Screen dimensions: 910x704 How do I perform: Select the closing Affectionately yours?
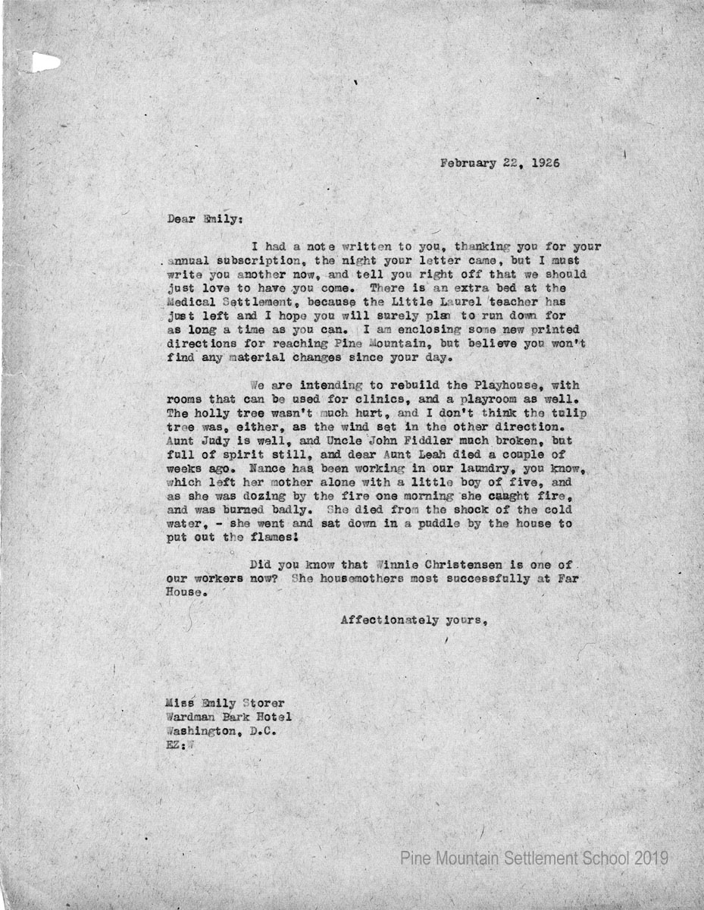coord(413,620)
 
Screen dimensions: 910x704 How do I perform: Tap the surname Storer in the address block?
coord(260,704)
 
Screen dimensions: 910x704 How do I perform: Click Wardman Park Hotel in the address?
coord(228,718)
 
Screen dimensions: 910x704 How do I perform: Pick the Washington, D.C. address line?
coord(221,732)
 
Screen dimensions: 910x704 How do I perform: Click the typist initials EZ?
coord(174,745)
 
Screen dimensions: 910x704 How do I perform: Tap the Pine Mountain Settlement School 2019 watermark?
coord(533,858)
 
